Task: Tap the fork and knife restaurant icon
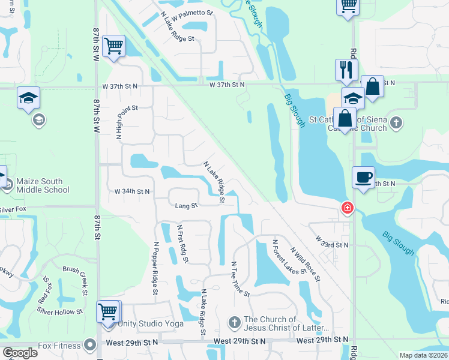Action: [x=346, y=70]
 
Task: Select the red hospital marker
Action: [x=347, y=208]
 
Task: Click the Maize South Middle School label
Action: [x=43, y=185]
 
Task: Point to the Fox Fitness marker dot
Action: [x=91, y=345]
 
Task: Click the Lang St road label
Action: [x=186, y=206]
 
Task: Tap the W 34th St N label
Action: [x=132, y=191]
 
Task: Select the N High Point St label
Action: [x=119, y=124]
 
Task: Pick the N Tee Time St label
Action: [x=240, y=279]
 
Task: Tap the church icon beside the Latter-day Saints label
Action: [x=235, y=323]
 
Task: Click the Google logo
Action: [x=20, y=353]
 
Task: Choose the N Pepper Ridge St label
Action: [x=155, y=268]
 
